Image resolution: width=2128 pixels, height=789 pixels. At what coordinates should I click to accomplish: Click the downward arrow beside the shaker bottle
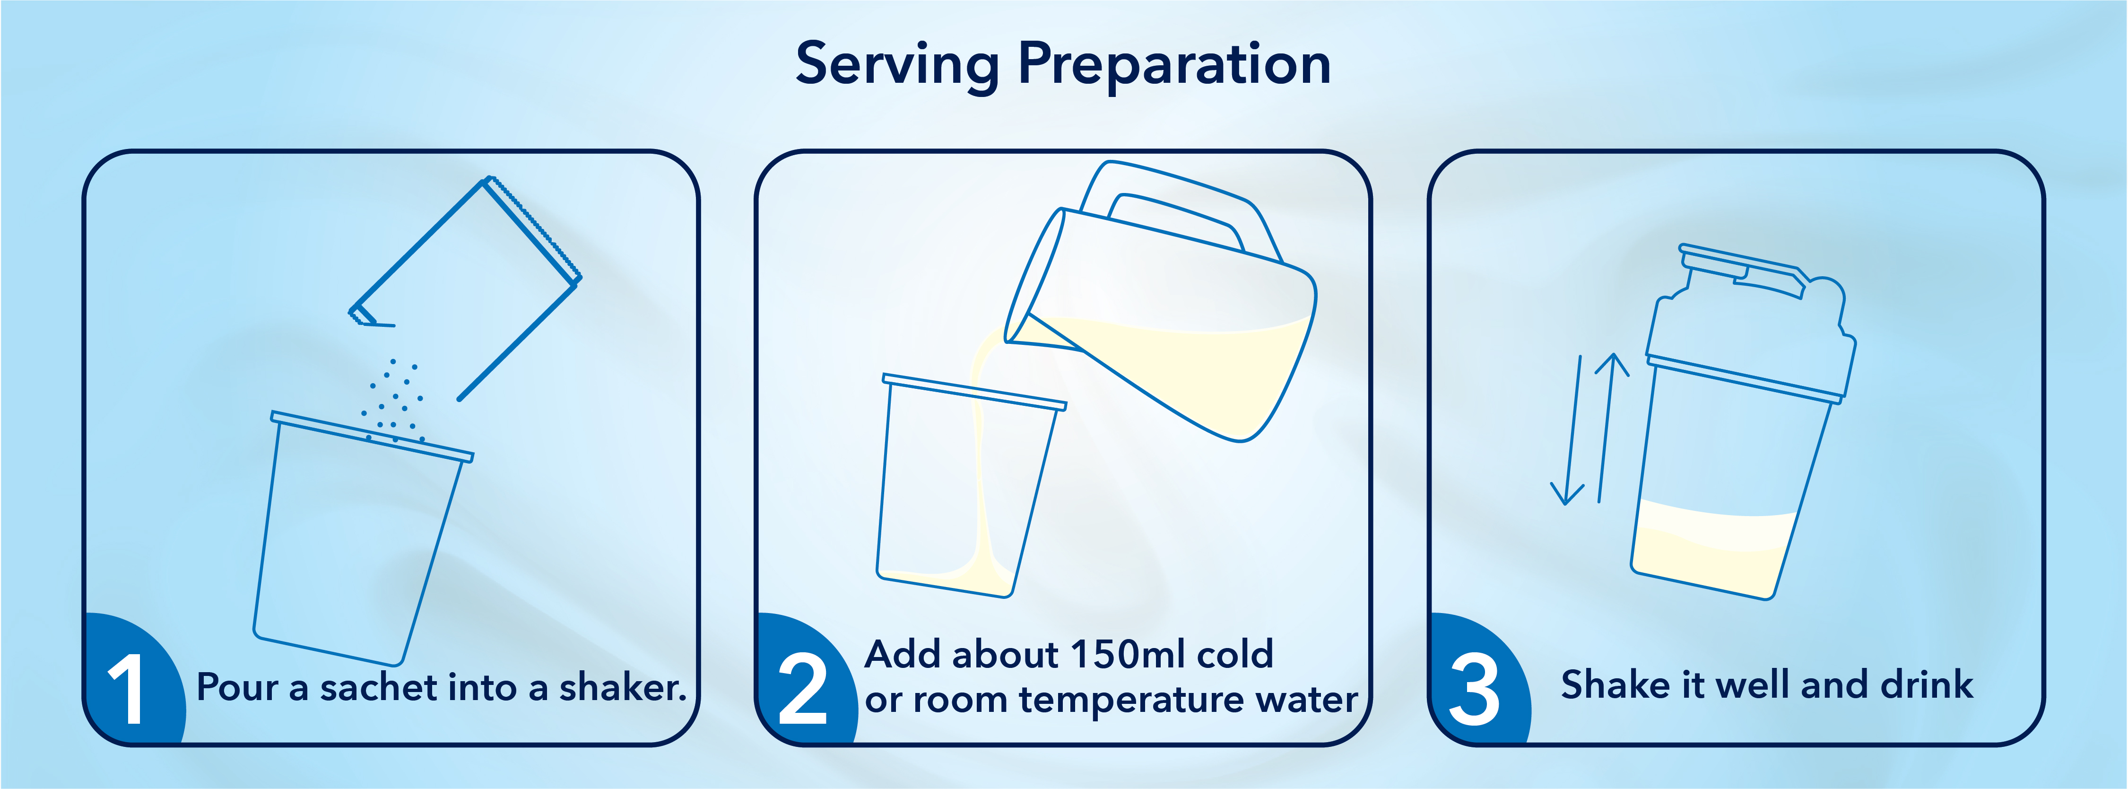coord(1572,430)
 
